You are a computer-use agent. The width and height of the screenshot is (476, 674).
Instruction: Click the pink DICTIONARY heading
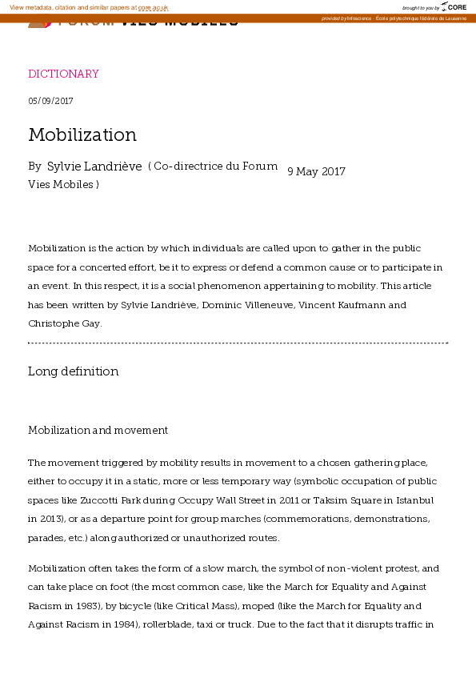(63, 74)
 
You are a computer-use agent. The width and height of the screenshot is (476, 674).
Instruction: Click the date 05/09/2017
(50, 101)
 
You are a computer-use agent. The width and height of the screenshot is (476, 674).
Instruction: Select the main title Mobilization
(82, 134)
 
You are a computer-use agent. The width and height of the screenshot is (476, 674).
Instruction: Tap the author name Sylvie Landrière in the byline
(94, 167)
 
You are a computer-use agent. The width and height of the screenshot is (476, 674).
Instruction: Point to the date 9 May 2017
(316, 171)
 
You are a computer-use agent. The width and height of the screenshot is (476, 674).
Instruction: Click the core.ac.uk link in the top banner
(153, 7)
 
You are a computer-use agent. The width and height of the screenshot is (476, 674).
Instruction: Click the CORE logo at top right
(455, 7)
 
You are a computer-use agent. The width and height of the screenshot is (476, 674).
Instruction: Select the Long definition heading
(73, 371)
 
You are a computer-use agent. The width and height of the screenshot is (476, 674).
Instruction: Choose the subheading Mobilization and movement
(98, 431)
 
